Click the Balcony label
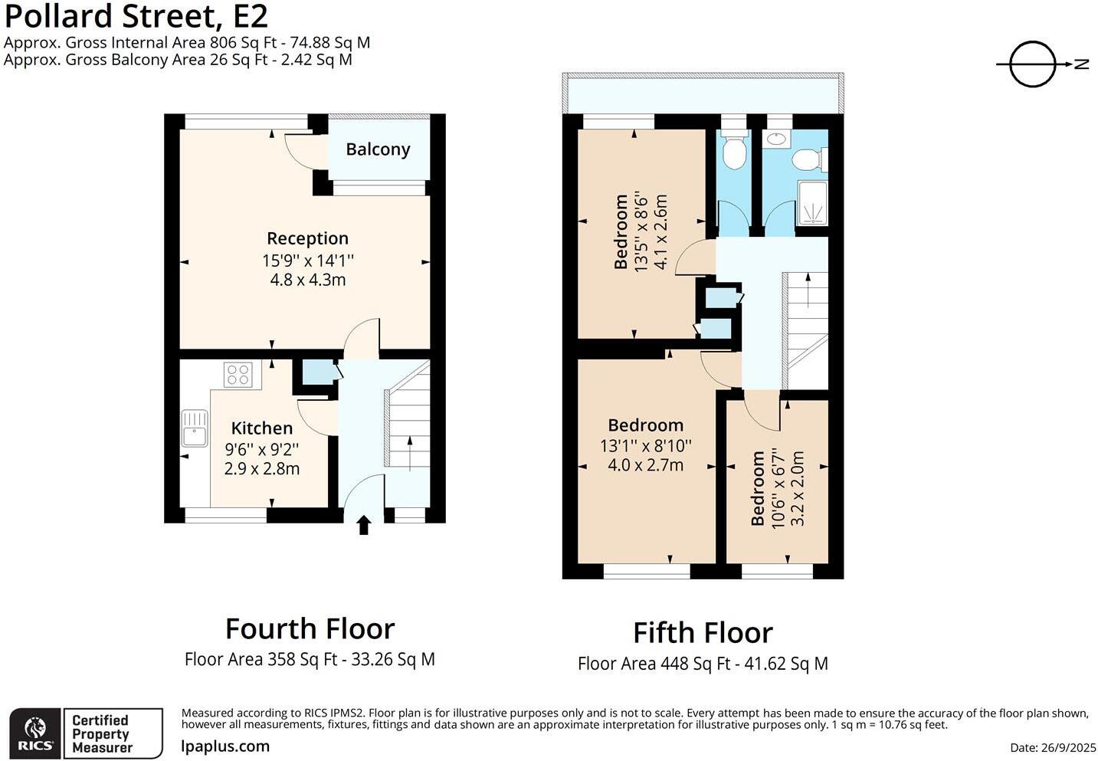click(x=378, y=149)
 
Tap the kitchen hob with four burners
click(x=238, y=375)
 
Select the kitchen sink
click(x=195, y=428)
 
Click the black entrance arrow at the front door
click(x=363, y=525)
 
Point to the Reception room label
click(x=307, y=238)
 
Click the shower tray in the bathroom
click(x=813, y=203)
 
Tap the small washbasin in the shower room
click(x=776, y=139)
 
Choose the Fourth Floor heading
click(x=310, y=628)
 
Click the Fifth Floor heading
click(x=703, y=632)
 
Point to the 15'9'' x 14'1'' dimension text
click(x=308, y=261)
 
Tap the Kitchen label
click(x=262, y=428)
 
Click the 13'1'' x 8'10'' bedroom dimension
click(x=646, y=446)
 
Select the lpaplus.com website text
click(x=225, y=746)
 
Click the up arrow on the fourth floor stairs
click(x=410, y=454)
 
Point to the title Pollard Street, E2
click(x=136, y=16)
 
